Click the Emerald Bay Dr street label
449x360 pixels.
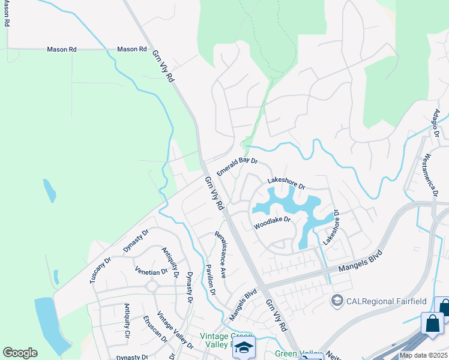237,167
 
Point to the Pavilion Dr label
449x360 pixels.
210,280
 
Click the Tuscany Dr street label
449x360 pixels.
100,271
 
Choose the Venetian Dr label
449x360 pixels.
151,272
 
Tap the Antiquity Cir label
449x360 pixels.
127,320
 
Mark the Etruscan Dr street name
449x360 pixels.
155,329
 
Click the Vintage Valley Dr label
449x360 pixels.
175,331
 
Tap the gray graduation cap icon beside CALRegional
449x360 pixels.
337,299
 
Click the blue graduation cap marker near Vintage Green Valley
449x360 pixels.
244,348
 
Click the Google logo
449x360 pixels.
20,353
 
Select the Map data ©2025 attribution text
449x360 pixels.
424,355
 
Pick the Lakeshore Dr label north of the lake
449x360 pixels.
286,184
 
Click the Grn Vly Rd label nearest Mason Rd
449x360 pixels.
162,66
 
